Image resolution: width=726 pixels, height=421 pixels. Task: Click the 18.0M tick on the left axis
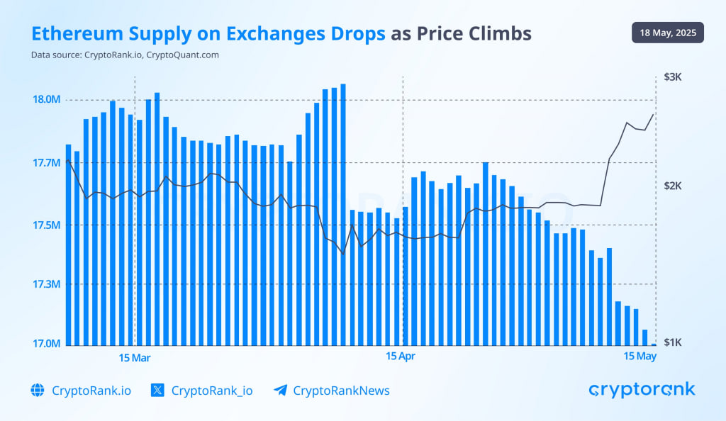(43, 99)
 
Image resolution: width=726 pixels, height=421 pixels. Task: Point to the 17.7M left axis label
(43, 163)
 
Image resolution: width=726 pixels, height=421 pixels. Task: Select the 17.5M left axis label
(43, 225)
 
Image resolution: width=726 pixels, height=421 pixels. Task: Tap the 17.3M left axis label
(43, 284)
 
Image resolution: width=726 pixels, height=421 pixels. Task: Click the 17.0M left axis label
(43, 344)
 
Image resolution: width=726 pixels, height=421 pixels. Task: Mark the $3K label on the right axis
(672, 77)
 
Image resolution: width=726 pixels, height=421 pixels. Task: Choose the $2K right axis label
(672, 186)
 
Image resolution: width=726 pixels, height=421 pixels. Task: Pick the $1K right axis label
(672, 342)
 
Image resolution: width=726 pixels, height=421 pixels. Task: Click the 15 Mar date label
(135, 357)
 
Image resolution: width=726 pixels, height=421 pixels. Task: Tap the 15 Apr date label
(401, 357)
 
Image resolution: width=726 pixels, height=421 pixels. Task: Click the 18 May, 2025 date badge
(667, 33)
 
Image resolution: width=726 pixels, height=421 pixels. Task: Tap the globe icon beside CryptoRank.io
(38, 391)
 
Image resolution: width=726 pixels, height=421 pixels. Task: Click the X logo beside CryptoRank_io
(158, 391)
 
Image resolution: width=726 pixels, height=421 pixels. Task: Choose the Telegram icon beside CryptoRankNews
(280, 391)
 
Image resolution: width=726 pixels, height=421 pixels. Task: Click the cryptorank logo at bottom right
(642, 390)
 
